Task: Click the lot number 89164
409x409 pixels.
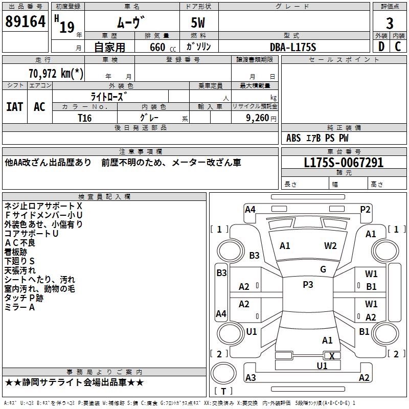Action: [x=25, y=22]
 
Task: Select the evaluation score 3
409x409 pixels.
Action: [x=390, y=24]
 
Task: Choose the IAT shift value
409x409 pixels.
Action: [x=15, y=106]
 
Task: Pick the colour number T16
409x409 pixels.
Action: [x=85, y=118]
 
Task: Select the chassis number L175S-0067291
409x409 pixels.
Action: [x=344, y=163]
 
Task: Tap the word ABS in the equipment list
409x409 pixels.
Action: [x=293, y=138]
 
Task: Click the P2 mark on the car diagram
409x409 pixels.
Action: [x=365, y=209]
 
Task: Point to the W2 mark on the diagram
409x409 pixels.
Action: [x=330, y=246]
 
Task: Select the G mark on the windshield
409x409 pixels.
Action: [x=323, y=269]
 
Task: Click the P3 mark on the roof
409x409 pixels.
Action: [x=308, y=285]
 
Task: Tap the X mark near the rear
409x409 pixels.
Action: [x=332, y=356]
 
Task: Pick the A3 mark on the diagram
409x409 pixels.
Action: [x=251, y=378]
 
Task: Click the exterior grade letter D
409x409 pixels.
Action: [x=381, y=47]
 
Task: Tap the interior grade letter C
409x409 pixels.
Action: [x=398, y=47]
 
